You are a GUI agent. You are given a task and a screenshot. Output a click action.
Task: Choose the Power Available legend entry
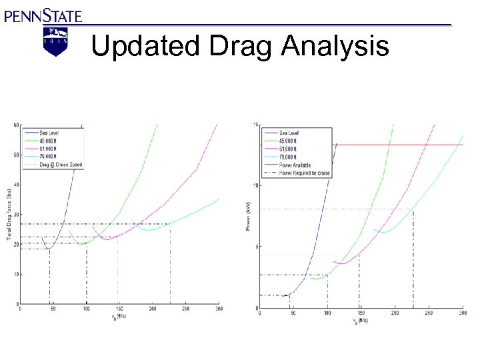(295, 165)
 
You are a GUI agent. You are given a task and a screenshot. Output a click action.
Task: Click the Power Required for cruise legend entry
(303, 173)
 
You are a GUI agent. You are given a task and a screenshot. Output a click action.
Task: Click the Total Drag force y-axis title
(9, 213)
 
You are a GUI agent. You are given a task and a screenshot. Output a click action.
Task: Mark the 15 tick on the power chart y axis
(255, 125)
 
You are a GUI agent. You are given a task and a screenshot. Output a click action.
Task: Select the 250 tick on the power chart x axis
(429, 313)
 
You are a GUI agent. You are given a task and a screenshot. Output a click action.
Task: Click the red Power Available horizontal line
(400, 145)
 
